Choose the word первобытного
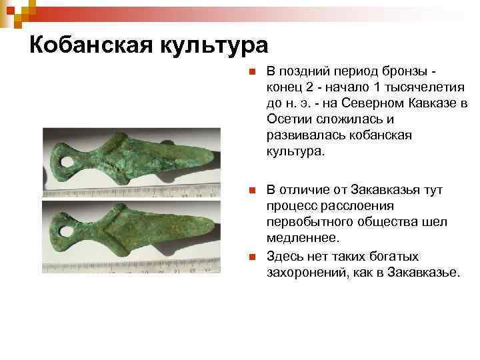309,223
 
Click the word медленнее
303,239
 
